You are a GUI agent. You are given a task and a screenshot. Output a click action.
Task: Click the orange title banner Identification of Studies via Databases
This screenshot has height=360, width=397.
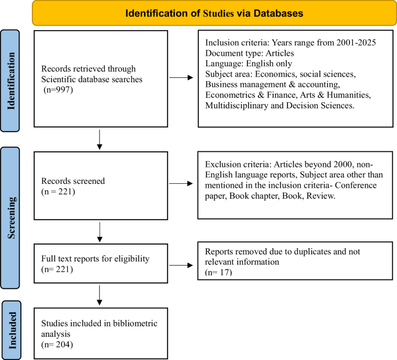click(x=214, y=12)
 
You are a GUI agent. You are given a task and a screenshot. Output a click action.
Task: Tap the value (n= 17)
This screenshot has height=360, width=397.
click(x=219, y=272)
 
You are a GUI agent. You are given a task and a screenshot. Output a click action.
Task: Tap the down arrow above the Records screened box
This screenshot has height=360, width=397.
click(x=100, y=137)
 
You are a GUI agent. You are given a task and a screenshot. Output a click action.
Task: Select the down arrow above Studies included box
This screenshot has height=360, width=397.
click(x=100, y=295)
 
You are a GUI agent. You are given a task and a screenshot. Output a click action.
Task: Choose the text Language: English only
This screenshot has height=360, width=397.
click(x=249, y=64)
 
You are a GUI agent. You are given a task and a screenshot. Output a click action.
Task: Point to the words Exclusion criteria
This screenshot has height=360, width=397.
click(x=235, y=163)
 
